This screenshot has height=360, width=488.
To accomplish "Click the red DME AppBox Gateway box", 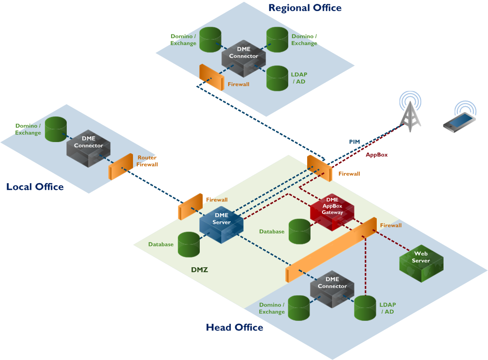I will click(332, 210).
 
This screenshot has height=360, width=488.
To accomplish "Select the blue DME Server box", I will click(222, 223).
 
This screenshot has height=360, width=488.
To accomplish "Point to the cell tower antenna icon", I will click(410, 114).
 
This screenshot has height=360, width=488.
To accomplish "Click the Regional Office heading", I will click(305, 8).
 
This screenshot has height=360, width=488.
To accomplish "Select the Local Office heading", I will click(35, 187).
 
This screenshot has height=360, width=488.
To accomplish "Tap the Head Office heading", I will click(235, 327).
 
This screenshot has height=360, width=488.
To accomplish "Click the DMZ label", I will click(199, 270).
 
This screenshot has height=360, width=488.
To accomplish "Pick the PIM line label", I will click(355, 142).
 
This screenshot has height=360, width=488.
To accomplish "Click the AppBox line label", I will click(376, 155).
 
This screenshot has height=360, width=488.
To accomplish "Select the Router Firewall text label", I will click(148, 161).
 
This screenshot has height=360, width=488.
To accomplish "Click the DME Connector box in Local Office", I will click(89, 147).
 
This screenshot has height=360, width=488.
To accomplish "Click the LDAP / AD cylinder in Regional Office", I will click(277, 78).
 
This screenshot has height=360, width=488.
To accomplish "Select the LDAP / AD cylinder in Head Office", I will click(365, 308).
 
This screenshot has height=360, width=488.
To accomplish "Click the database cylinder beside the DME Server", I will click(189, 244).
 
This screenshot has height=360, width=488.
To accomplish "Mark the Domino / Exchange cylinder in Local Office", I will click(56, 129).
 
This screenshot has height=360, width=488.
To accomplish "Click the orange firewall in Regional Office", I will click(211, 77).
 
